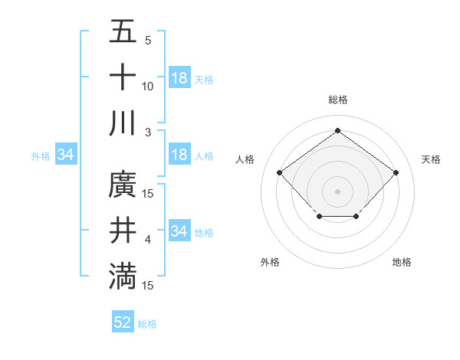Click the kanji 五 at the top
coord(123,32)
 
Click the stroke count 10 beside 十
coord(148,87)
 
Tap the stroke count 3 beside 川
coord(148,132)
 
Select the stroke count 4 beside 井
coord(148,240)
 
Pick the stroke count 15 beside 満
coord(148,285)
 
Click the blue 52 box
coord(123,322)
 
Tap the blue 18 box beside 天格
coord(179,78)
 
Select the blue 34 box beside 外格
coord(66,155)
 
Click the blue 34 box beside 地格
coord(179,231)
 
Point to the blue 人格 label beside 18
coord(204,156)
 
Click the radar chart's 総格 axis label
coord(337,100)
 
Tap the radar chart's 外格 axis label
coord(270,262)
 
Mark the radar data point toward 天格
coord(396,173)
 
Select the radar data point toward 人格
coord(279,173)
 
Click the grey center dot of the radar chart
coord(337,191)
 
